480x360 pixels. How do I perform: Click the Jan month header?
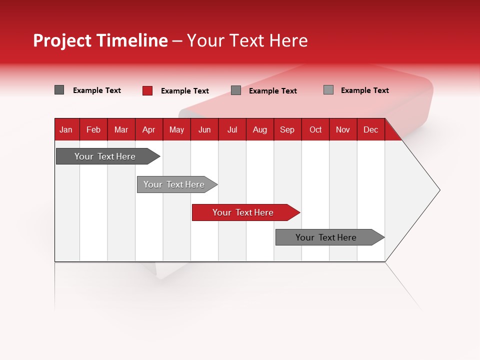pos(66,129)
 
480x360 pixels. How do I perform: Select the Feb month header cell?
pos(93,129)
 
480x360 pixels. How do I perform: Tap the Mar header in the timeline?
pos(121,129)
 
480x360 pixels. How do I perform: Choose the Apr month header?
pos(149,129)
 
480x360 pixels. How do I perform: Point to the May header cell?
pos(176,129)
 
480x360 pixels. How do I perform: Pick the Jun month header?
pos(204,129)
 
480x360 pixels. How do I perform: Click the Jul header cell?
pos(232,129)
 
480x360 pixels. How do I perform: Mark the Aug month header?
pos(260,129)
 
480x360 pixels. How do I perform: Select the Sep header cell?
pos(287,129)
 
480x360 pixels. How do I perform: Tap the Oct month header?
pos(315,129)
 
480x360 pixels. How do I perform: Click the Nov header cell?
pos(343,129)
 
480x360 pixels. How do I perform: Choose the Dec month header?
pos(371,129)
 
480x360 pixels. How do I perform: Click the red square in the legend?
pos(147,90)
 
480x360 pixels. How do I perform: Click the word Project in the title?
pos(63,40)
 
